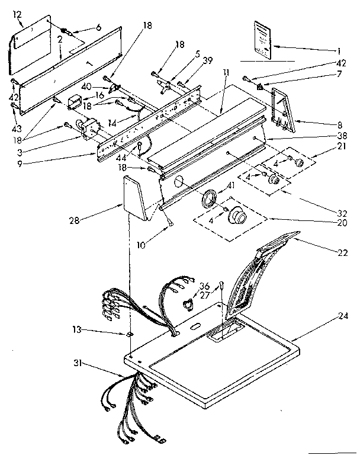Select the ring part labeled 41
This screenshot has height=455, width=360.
pos(208,198)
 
